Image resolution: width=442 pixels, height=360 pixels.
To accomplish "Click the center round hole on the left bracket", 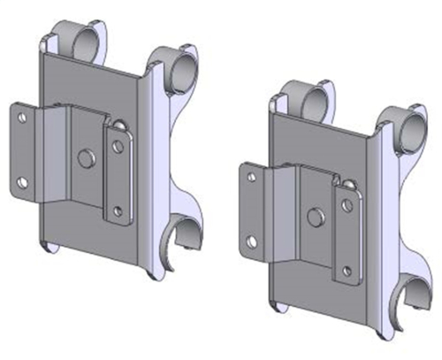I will pyautogui.click(x=86, y=157).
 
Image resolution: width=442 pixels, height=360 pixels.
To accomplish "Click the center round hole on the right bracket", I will pyautogui.click(x=315, y=215).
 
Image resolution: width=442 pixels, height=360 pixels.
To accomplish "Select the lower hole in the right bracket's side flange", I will pyautogui.click(x=252, y=241).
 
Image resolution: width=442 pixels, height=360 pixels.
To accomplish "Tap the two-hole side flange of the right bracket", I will pyautogui.click(x=252, y=209).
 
